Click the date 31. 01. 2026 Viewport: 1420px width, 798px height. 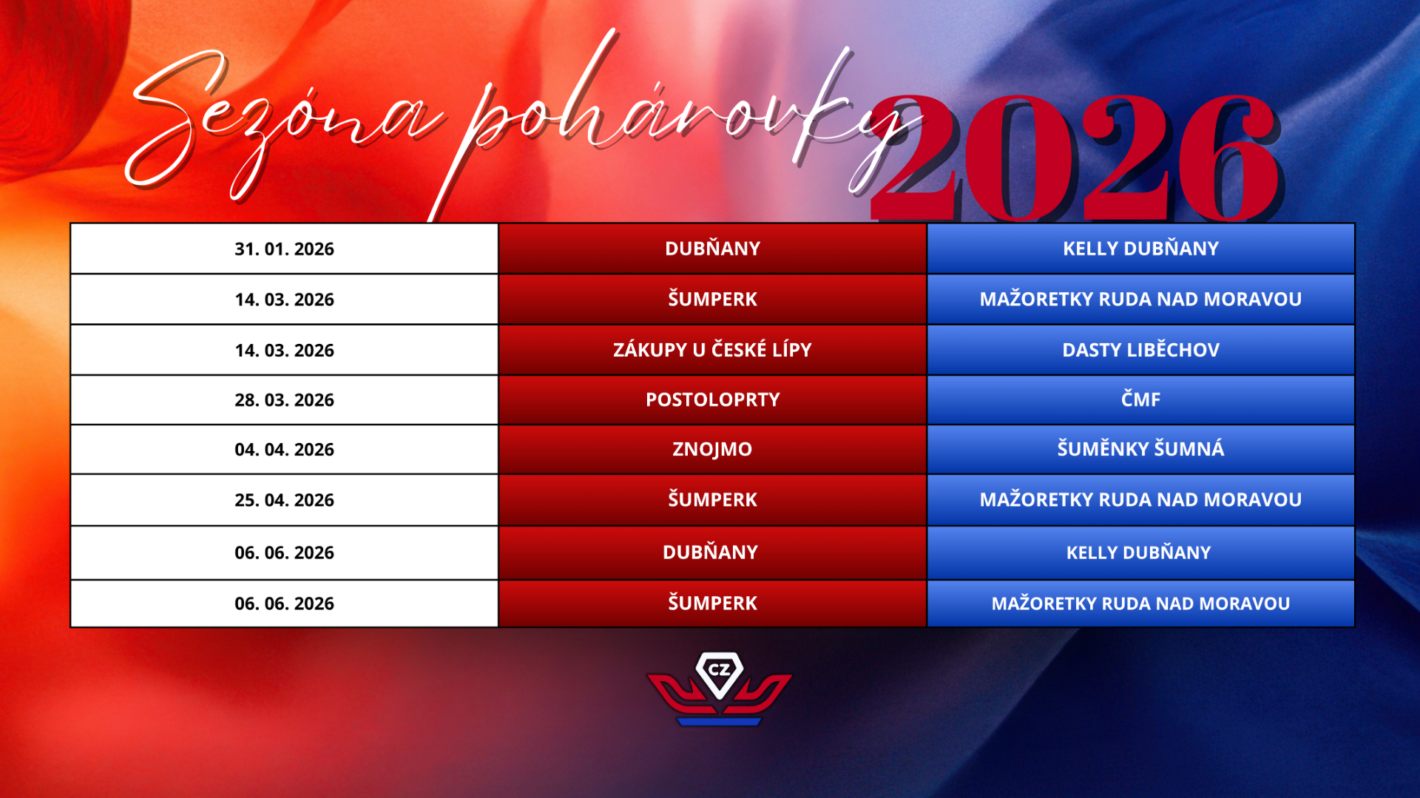tap(284, 249)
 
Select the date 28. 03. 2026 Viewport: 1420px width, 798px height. tap(284, 400)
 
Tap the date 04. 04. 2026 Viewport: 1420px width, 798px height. tap(284, 450)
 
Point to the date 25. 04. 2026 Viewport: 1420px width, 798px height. tap(284, 500)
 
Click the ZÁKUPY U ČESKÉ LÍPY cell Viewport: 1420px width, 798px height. tap(712, 350)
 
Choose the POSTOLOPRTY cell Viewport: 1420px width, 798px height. tap(712, 400)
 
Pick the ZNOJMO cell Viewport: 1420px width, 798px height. tap(712, 449)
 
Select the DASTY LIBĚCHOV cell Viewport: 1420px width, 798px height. tap(1140, 350)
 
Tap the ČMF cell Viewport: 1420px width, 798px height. tap(1140, 399)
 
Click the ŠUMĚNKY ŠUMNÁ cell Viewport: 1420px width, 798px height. tap(1140, 449)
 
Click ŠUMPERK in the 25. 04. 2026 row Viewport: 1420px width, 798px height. tap(712, 499)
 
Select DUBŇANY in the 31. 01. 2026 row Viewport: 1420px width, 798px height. tap(712, 248)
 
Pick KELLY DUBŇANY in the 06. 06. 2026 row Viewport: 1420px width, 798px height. tap(1138, 552)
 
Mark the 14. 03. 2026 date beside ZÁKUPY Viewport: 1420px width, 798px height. tap(284, 351)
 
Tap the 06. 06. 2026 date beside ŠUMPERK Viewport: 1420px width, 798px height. tap(284, 603)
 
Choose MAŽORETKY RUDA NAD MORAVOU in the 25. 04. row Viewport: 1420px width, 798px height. tap(1140, 500)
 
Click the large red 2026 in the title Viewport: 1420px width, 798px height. tap(1076, 158)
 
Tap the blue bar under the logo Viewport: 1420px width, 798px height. tap(719, 722)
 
